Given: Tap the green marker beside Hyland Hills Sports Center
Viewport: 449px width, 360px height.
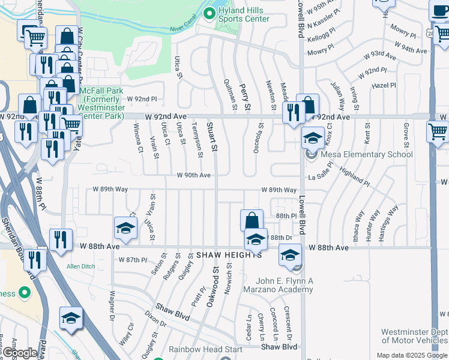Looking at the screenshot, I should (x=209, y=13).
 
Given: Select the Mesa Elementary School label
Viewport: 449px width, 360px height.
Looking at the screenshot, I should (x=367, y=155).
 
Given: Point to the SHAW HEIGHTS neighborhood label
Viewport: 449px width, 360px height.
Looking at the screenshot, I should (x=229, y=255).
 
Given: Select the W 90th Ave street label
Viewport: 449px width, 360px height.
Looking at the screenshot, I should (x=193, y=175).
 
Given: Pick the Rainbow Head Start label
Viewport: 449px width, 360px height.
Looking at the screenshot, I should (x=205, y=349).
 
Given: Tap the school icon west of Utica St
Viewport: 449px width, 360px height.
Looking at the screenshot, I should (x=126, y=227).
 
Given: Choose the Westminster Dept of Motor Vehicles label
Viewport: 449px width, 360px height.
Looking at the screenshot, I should (x=414, y=337).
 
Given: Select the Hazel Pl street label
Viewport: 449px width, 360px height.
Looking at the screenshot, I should (x=384, y=86).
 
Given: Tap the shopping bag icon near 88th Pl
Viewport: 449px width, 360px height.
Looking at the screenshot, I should (x=252, y=219).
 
